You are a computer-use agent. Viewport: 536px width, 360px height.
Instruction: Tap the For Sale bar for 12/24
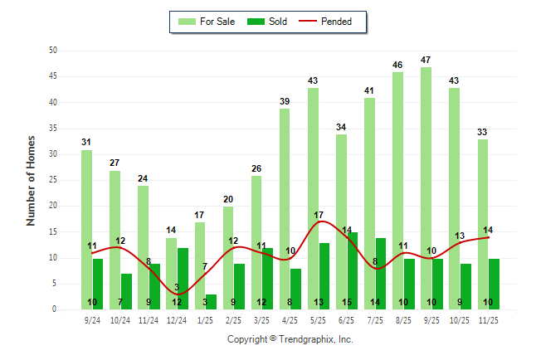(x=171, y=274)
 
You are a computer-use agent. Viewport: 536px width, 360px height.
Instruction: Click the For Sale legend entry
(x=207, y=22)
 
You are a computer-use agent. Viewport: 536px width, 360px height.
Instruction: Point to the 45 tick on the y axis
(x=52, y=76)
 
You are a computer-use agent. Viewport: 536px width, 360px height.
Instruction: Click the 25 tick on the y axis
(x=52, y=180)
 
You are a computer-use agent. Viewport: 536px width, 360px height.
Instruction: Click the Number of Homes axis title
(x=32, y=180)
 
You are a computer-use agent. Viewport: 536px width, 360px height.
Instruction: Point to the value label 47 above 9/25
(x=426, y=60)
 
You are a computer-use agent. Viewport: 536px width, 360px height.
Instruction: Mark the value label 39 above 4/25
(x=285, y=101)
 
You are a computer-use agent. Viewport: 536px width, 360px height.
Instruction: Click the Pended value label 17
(x=319, y=216)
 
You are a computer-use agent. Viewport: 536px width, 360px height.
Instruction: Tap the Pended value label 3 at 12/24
(x=177, y=288)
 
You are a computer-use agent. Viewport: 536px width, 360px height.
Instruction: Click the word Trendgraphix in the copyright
(x=305, y=339)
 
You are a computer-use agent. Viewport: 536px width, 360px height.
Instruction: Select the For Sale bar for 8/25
(x=397, y=191)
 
